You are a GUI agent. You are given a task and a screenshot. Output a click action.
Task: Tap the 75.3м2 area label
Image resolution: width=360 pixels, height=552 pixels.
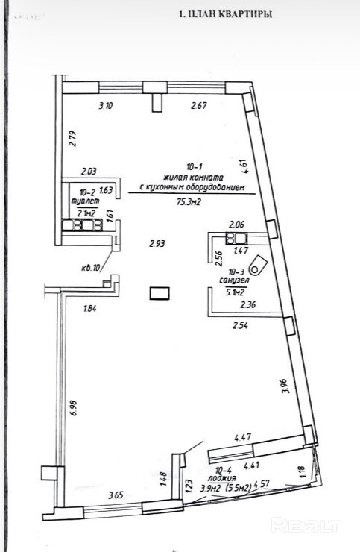pos(189,201)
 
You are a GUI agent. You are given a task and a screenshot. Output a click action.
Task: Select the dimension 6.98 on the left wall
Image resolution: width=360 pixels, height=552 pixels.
pos(74,408)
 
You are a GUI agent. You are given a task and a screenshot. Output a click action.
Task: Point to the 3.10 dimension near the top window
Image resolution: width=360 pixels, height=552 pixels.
pos(106,105)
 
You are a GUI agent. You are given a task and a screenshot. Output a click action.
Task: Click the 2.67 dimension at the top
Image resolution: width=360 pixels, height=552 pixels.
pos(198,105)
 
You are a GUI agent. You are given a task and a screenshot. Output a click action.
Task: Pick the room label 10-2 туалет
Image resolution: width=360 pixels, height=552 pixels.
pos(86,197)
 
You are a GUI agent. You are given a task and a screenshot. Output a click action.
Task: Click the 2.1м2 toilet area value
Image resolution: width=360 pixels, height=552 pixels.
pos(86,213)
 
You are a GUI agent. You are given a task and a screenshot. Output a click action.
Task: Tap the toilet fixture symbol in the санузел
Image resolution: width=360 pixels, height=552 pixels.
pos(258,264)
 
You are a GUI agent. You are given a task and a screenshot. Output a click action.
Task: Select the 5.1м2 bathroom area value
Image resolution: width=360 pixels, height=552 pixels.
pos(235,292)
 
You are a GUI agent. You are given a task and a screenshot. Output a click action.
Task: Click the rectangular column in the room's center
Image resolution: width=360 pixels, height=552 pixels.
pos(160,293)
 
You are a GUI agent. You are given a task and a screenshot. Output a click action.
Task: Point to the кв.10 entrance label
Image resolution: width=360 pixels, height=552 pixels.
pos(91,268)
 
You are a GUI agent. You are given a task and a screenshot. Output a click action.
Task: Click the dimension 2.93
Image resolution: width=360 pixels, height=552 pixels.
pos(157,244)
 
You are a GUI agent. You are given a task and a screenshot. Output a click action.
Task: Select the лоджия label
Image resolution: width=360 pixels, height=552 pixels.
pos(221,477)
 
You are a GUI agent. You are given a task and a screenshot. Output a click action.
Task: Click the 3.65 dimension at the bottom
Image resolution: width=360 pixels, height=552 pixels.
pos(116,495)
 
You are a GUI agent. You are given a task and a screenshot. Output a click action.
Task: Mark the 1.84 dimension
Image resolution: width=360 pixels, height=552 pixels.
pos(90,309)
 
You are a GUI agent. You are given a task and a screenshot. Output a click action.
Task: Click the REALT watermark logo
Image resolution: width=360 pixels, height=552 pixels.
pos(306,526)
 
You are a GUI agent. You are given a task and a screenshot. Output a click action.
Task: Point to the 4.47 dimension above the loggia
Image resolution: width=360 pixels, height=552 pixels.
pos(242,439)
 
